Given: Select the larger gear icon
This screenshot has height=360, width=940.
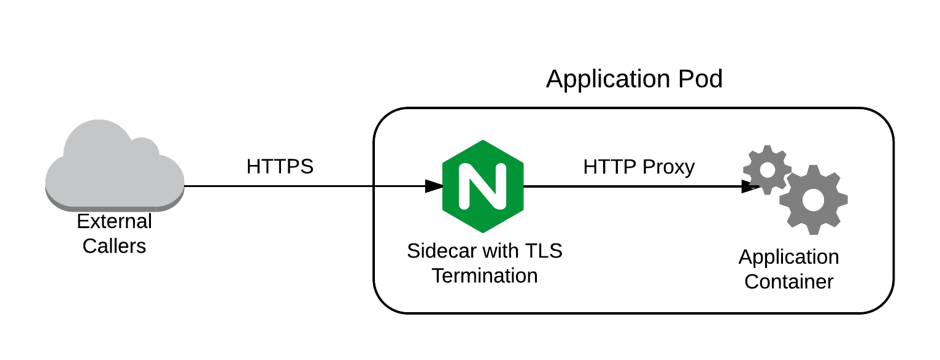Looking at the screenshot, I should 813,199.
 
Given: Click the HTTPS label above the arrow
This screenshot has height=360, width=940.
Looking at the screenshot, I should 280,167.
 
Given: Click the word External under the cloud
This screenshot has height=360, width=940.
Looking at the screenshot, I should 115,221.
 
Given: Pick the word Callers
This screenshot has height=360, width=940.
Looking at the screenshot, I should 115,246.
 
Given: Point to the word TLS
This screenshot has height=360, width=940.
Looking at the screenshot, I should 543,251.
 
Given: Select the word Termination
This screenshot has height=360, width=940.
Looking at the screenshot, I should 485,275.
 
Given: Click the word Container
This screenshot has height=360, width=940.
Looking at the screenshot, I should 788,281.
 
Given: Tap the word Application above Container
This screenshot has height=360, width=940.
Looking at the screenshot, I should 788,257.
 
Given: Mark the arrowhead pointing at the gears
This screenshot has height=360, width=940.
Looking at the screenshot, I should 750,186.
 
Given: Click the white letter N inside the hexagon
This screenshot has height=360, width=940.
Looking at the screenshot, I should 483,186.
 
